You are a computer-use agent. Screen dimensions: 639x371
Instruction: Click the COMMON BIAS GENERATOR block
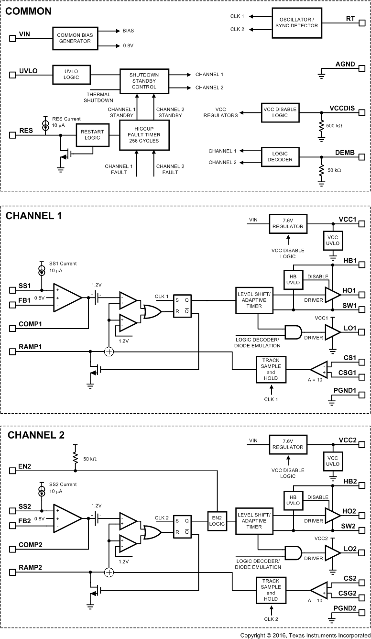(x=74, y=38)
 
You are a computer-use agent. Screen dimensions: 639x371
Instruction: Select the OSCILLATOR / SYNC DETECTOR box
(x=296, y=22)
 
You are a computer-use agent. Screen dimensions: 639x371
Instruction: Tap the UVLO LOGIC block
(x=71, y=74)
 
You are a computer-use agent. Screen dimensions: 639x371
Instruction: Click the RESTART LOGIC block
(x=92, y=134)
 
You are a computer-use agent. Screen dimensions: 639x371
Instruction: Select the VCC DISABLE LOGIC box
(x=279, y=112)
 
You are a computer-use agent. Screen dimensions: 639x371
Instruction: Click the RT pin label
(x=350, y=19)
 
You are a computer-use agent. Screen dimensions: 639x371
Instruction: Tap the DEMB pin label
(x=345, y=153)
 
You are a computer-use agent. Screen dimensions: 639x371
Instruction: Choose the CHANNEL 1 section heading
(x=34, y=216)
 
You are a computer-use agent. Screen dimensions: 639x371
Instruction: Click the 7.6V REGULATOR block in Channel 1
(x=287, y=224)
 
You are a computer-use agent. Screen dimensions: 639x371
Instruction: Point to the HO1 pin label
(x=349, y=291)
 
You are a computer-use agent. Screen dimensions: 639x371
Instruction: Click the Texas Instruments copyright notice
(x=305, y=634)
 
